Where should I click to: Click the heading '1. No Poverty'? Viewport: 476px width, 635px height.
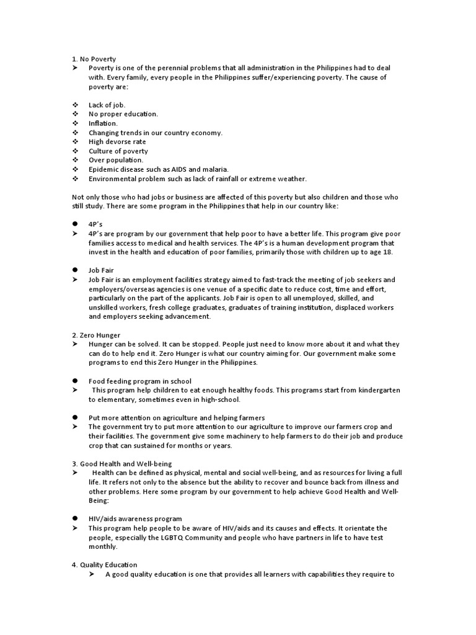click(94, 59)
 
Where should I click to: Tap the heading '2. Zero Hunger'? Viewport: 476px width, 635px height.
click(96, 335)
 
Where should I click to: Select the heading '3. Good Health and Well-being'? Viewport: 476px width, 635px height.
click(121, 463)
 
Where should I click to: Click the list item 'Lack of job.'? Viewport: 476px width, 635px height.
click(107, 105)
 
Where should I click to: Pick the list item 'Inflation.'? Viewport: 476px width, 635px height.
click(103, 123)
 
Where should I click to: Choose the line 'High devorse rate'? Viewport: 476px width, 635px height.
click(117, 142)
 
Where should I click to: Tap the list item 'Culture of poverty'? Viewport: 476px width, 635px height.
click(118, 151)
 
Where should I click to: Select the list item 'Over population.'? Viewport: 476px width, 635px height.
click(116, 160)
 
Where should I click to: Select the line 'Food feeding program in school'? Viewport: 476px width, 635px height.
click(139, 381)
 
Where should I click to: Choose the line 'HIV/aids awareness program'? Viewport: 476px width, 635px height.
click(134, 518)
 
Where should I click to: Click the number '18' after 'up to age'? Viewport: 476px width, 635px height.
click(388, 252)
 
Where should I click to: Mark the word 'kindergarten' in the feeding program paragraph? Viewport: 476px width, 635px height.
click(379, 390)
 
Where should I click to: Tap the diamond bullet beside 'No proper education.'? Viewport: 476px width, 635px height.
click(75, 114)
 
